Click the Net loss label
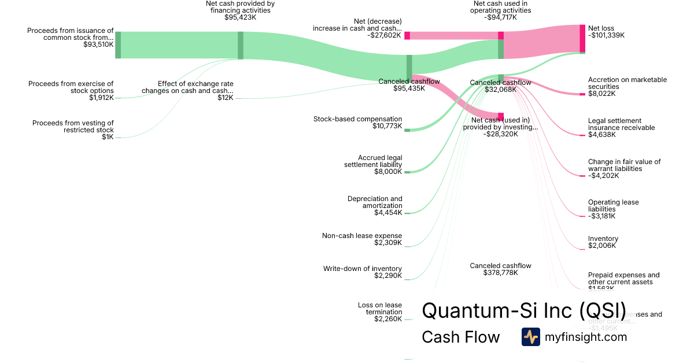coord(601,28)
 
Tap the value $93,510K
coord(98,44)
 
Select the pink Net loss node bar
coord(582,38)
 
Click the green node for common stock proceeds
coord(118,45)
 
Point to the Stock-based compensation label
coord(357,119)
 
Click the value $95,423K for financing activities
coord(240,17)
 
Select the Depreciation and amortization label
coord(375,202)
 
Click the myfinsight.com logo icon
coord(530,337)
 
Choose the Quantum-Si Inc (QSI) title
coord(523,310)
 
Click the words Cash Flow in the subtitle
coord(460,337)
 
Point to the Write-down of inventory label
coord(362,269)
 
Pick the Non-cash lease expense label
coord(362,236)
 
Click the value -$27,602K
coord(384,35)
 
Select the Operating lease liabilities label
coord(613,206)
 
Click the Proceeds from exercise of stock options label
coord(71,87)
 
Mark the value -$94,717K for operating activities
coord(500,17)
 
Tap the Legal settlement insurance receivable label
coord(621,124)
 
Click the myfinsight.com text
coord(586,337)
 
